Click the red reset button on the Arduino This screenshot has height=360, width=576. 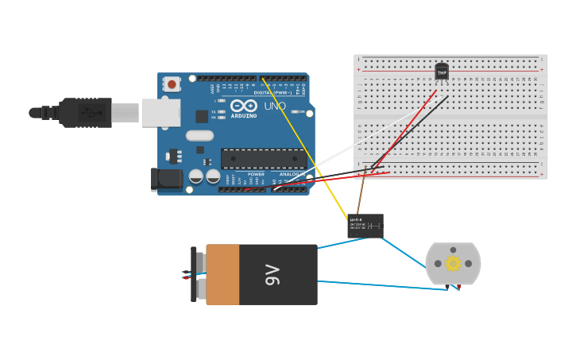tap(172, 84)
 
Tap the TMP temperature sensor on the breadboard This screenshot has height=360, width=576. tap(442, 72)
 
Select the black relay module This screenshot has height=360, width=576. tap(365, 226)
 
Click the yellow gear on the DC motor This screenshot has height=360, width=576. tap(453, 263)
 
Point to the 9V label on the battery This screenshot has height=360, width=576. tap(273, 275)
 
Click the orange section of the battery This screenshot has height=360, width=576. tap(222, 274)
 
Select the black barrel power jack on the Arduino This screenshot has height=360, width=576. tap(167, 179)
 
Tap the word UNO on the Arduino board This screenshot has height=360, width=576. tap(275, 106)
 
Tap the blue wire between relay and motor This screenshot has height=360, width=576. tap(405, 255)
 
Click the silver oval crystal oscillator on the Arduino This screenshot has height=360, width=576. tap(199, 135)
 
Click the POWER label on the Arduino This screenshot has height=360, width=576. tap(256, 174)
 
